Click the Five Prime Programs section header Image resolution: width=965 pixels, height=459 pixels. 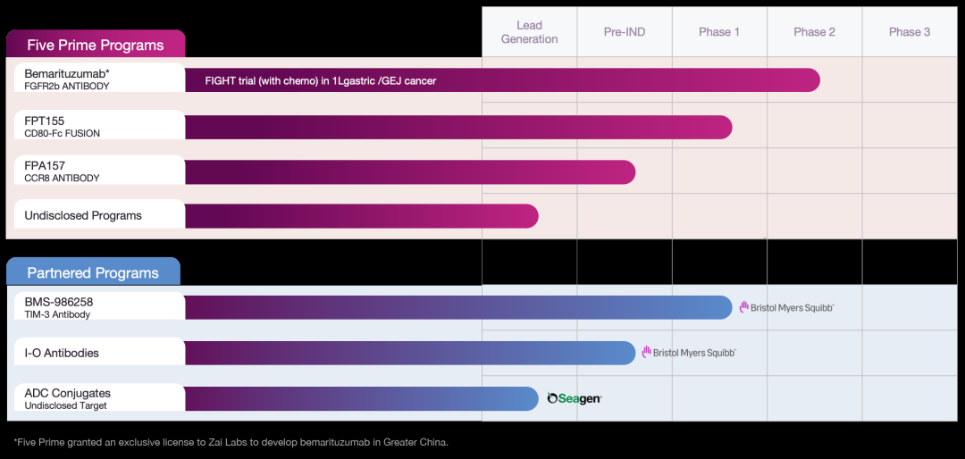(x=96, y=46)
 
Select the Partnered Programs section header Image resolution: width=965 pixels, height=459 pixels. (x=93, y=273)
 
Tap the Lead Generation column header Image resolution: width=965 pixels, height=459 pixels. (x=529, y=32)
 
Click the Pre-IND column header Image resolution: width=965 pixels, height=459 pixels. (x=625, y=32)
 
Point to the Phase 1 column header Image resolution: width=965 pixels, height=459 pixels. (x=719, y=32)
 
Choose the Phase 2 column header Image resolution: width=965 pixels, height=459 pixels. (x=814, y=32)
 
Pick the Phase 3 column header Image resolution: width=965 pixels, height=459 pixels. (x=910, y=32)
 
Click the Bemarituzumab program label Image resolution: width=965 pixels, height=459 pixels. (x=67, y=79)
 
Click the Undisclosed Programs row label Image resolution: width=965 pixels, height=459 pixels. (x=83, y=215)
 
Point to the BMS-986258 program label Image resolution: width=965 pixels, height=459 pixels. (x=59, y=307)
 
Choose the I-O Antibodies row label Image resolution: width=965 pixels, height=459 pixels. (x=62, y=353)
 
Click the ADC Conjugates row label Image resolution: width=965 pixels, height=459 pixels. (x=67, y=398)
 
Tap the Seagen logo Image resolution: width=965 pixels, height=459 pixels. (x=574, y=398)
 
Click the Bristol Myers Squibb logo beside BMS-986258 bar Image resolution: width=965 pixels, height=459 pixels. (x=786, y=307)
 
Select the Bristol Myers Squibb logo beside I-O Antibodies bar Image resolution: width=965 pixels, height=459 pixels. (x=689, y=353)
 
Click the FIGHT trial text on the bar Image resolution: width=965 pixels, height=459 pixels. (x=321, y=80)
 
